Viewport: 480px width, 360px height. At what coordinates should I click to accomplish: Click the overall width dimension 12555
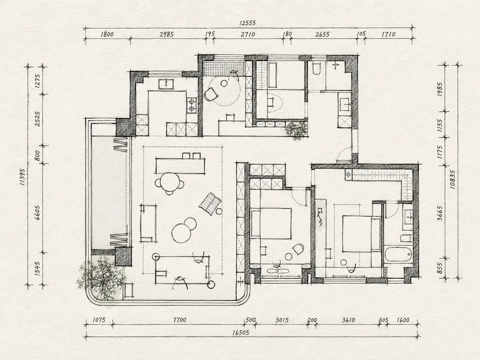248,23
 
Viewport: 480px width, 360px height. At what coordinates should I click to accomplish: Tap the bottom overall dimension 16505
240,332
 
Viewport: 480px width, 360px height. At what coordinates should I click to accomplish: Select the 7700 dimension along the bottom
180,320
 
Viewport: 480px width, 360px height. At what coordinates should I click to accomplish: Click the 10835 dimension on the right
454,179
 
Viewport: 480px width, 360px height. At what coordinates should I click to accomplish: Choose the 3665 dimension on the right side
440,213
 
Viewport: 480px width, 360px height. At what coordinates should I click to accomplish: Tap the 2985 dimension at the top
167,34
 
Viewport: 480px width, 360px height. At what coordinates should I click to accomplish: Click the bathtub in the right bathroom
397,254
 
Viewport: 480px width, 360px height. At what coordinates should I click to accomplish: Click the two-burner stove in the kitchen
192,104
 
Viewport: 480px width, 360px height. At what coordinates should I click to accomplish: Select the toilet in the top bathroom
316,68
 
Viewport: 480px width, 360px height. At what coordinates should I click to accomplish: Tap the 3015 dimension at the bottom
282,320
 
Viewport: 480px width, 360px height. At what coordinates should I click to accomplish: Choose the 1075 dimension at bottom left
99,320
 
